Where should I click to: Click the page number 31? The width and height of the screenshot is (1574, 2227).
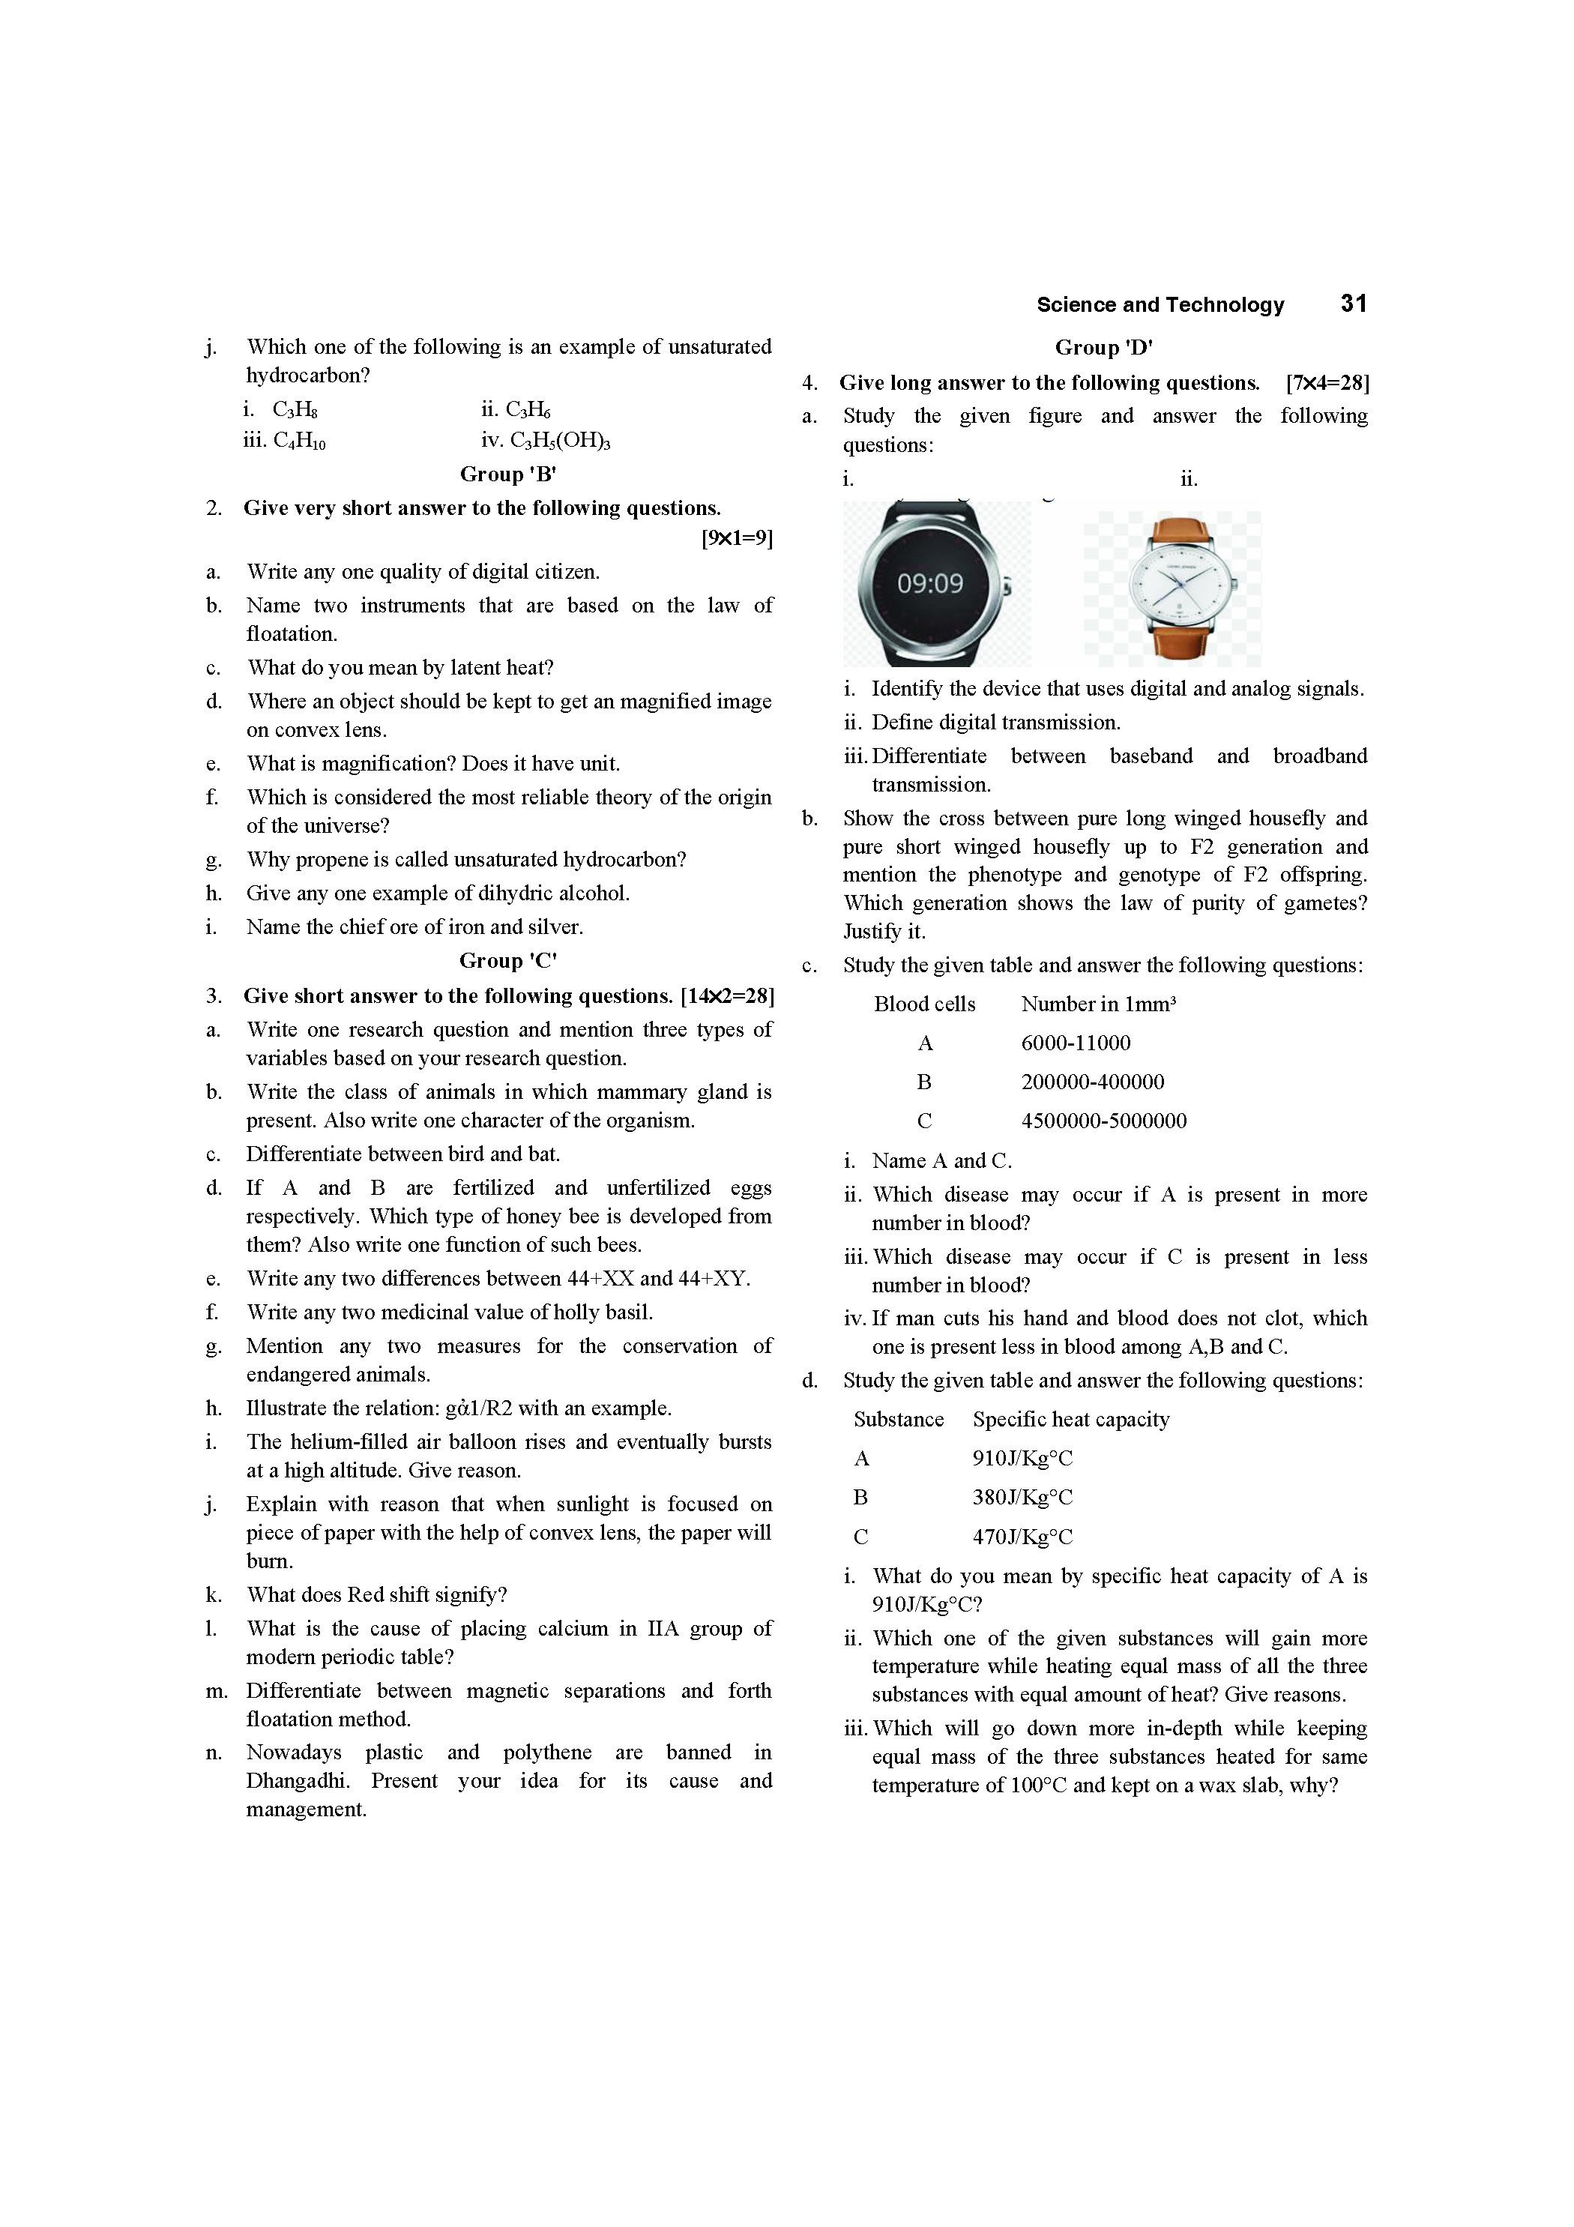point(1353,304)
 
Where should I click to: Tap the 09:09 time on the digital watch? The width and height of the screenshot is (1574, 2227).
point(929,583)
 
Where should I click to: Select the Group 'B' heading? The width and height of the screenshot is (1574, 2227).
point(508,474)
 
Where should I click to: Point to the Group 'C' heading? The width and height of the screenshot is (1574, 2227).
point(508,960)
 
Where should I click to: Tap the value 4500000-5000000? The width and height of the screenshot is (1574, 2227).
point(1103,1121)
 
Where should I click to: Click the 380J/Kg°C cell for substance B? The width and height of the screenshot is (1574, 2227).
point(1022,1497)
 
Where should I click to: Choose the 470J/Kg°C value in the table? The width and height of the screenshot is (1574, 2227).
point(1022,1537)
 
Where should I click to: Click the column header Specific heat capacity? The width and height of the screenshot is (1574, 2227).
point(1070,1419)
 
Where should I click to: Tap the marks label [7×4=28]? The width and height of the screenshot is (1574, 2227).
point(1327,383)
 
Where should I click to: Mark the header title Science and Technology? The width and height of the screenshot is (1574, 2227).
point(1160,304)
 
